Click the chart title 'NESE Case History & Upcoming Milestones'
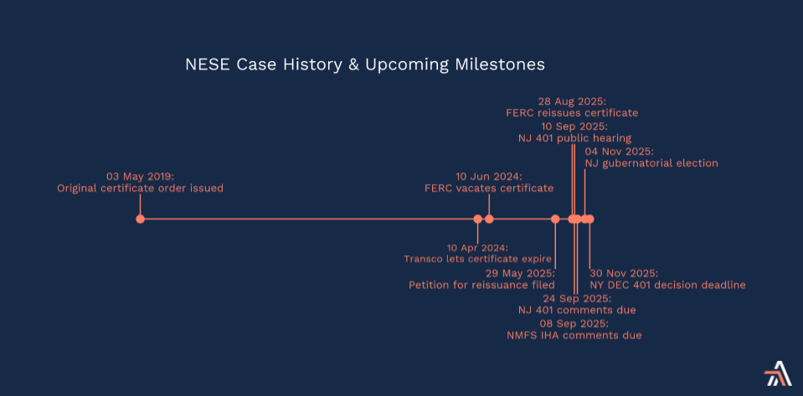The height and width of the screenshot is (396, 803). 364,64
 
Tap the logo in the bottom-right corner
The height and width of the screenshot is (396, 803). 777,373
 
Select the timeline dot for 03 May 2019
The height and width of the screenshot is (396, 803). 141,219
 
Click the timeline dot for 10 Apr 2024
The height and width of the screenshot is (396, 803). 478,219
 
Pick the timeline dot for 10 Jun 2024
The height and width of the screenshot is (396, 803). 489,219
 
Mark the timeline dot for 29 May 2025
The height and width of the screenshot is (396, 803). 555,219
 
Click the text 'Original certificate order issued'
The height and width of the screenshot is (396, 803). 141,188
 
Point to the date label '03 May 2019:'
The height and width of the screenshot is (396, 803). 141,176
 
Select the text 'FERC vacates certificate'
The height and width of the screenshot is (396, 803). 489,188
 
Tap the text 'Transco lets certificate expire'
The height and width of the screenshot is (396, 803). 478,259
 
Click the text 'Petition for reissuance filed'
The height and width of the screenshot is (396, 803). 482,285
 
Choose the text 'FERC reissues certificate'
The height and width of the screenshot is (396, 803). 572,113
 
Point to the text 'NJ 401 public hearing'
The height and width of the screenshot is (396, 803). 574,138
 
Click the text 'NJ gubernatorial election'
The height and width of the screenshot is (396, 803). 651,163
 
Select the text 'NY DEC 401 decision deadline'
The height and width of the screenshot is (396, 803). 668,285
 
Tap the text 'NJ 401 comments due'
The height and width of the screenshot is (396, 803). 577,311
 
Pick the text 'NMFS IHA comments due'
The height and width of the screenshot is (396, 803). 574,336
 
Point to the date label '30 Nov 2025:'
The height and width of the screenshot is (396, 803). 625,273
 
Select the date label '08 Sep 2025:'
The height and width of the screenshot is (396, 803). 574,323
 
